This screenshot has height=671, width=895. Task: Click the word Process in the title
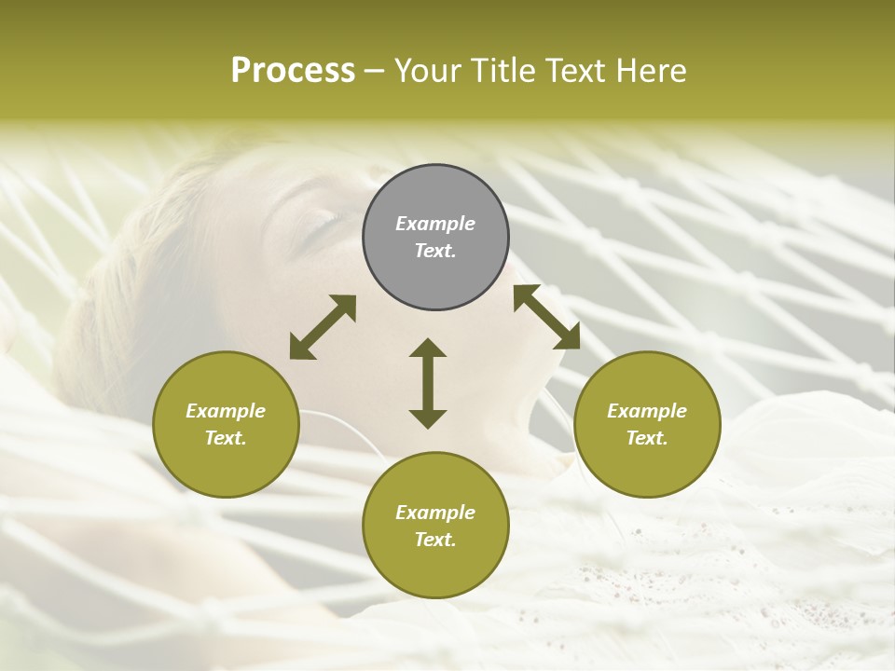pyautogui.click(x=293, y=71)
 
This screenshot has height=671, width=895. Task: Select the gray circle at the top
pyautogui.click(x=435, y=237)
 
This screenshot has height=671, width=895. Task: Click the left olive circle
pyautogui.click(x=226, y=424)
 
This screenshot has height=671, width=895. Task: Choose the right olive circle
pyautogui.click(x=647, y=424)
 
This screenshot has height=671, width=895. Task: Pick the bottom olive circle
pyautogui.click(x=435, y=526)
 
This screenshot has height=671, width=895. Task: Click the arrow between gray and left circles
pyautogui.click(x=323, y=327)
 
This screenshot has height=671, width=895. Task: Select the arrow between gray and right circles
pyautogui.click(x=547, y=317)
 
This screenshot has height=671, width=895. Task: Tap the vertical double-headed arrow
pyautogui.click(x=428, y=383)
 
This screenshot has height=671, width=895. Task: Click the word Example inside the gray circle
pyautogui.click(x=435, y=224)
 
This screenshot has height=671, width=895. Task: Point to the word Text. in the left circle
pyautogui.click(x=226, y=438)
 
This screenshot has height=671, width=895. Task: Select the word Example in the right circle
pyautogui.click(x=647, y=411)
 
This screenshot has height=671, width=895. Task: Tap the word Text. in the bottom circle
pyautogui.click(x=435, y=540)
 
